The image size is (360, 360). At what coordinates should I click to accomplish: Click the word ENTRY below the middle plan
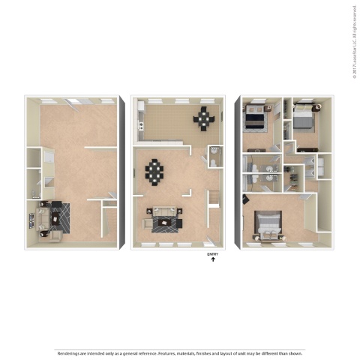pos(212,254)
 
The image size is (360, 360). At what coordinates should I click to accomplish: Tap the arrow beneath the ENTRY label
pos(212,260)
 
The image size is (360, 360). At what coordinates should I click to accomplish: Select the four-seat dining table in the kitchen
pos(204,117)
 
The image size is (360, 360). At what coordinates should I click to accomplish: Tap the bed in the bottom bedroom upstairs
pos(268,223)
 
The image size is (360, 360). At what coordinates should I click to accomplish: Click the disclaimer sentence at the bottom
pos(180,352)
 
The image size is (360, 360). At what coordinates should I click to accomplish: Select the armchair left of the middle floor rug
pos(147,222)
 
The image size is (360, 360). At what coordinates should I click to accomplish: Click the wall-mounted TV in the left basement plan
pos(31,220)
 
